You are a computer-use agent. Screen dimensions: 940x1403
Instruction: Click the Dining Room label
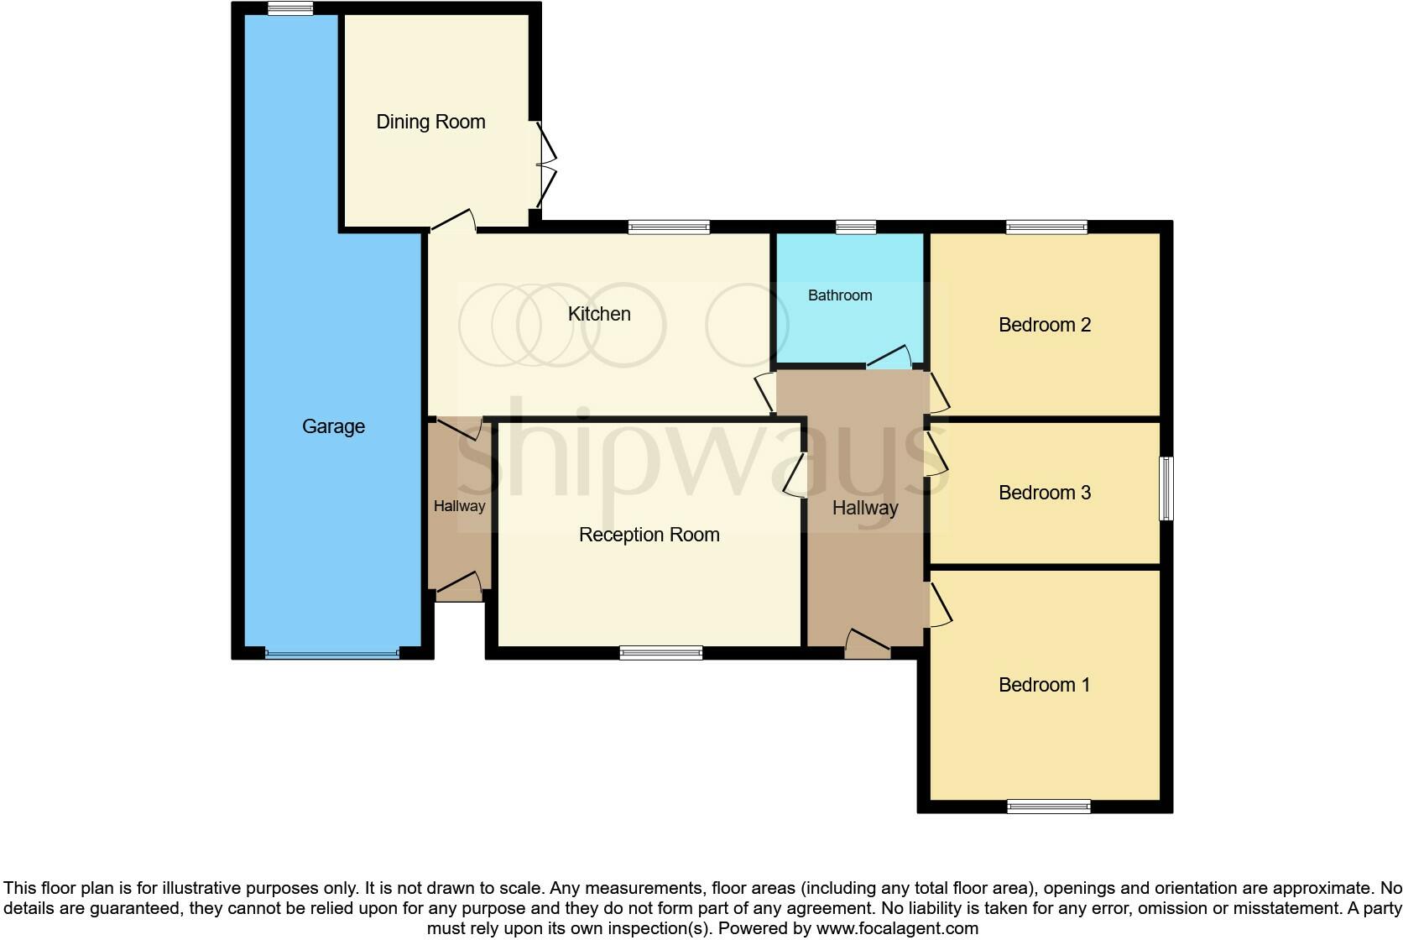pyautogui.click(x=430, y=122)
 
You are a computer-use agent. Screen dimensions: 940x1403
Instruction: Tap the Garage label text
pyautogui.click(x=333, y=426)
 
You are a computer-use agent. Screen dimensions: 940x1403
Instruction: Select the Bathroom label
pyautogui.click(x=840, y=295)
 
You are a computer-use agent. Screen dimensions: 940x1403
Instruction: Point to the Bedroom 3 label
pyautogui.click(x=1045, y=493)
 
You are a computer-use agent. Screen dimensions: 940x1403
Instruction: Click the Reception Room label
pyautogui.click(x=649, y=535)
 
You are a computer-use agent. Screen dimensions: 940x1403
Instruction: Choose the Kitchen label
pyautogui.click(x=599, y=314)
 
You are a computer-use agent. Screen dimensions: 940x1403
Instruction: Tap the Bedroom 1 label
pyautogui.click(x=1044, y=685)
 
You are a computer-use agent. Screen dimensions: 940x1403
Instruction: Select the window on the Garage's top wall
pyautogui.click(x=290, y=8)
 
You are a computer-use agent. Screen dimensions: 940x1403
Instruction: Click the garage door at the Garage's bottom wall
pyautogui.click(x=332, y=653)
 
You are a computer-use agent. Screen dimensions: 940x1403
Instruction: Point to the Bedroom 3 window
pyautogui.click(x=1166, y=488)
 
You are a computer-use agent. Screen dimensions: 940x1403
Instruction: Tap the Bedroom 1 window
pyautogui.click(x=1049, y=807)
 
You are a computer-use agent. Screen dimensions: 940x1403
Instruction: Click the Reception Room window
pyautogui.click(x=661, y=652)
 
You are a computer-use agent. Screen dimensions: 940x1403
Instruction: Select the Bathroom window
pyautogui.click(x=856, y=227)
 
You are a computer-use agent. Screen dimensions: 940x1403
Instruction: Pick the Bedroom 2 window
pyautogui.click(x=1046, y=227)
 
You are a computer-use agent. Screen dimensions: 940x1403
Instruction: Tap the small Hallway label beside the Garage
pyautogui.click(x=459, y=506)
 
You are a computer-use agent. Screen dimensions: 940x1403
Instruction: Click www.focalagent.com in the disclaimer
pyautogui.click(x=897, y=928)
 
